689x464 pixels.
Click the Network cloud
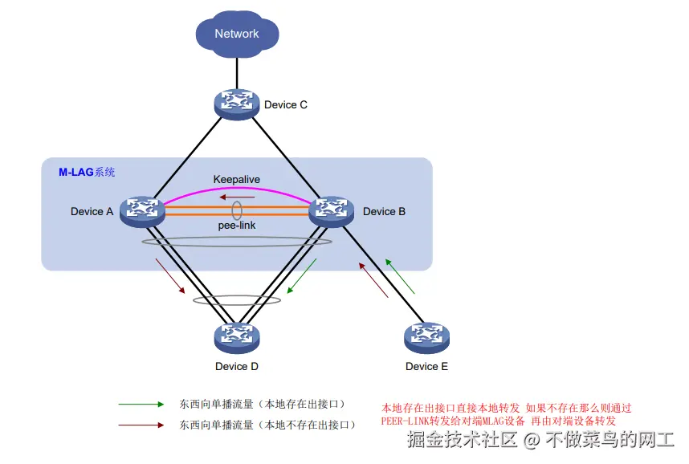click(x=237, y=34)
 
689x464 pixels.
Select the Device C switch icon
click(x=237, y=102)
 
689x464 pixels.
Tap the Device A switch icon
click(x=142, y=210)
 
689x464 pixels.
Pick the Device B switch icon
click(x=332, y=210)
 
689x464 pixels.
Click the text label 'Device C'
click(x=286, y=105)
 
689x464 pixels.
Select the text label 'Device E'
click(x=426, y=367)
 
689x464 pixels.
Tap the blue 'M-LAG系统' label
click(x=87, y=172)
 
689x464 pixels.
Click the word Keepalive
click(x=237, y=179)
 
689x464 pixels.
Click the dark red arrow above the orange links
click(x=238, y=197)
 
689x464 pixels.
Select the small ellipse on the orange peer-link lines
click(x=238, y=210)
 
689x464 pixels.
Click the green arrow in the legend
click(x=141, y=405)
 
